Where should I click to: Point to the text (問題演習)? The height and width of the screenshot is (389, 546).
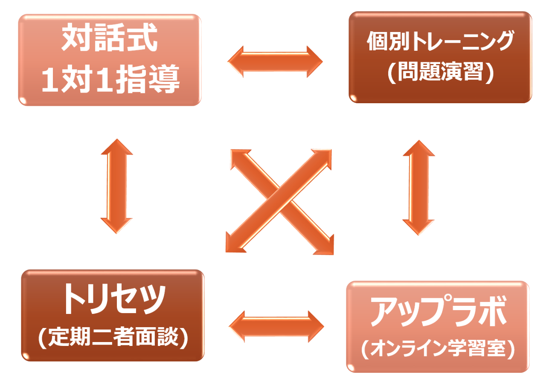[440, 72]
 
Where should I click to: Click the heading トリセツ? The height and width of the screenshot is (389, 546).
[113, 300]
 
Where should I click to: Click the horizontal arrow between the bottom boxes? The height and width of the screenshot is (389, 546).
[276, 326]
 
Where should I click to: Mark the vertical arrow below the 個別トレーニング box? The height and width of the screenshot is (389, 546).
[418, 188]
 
